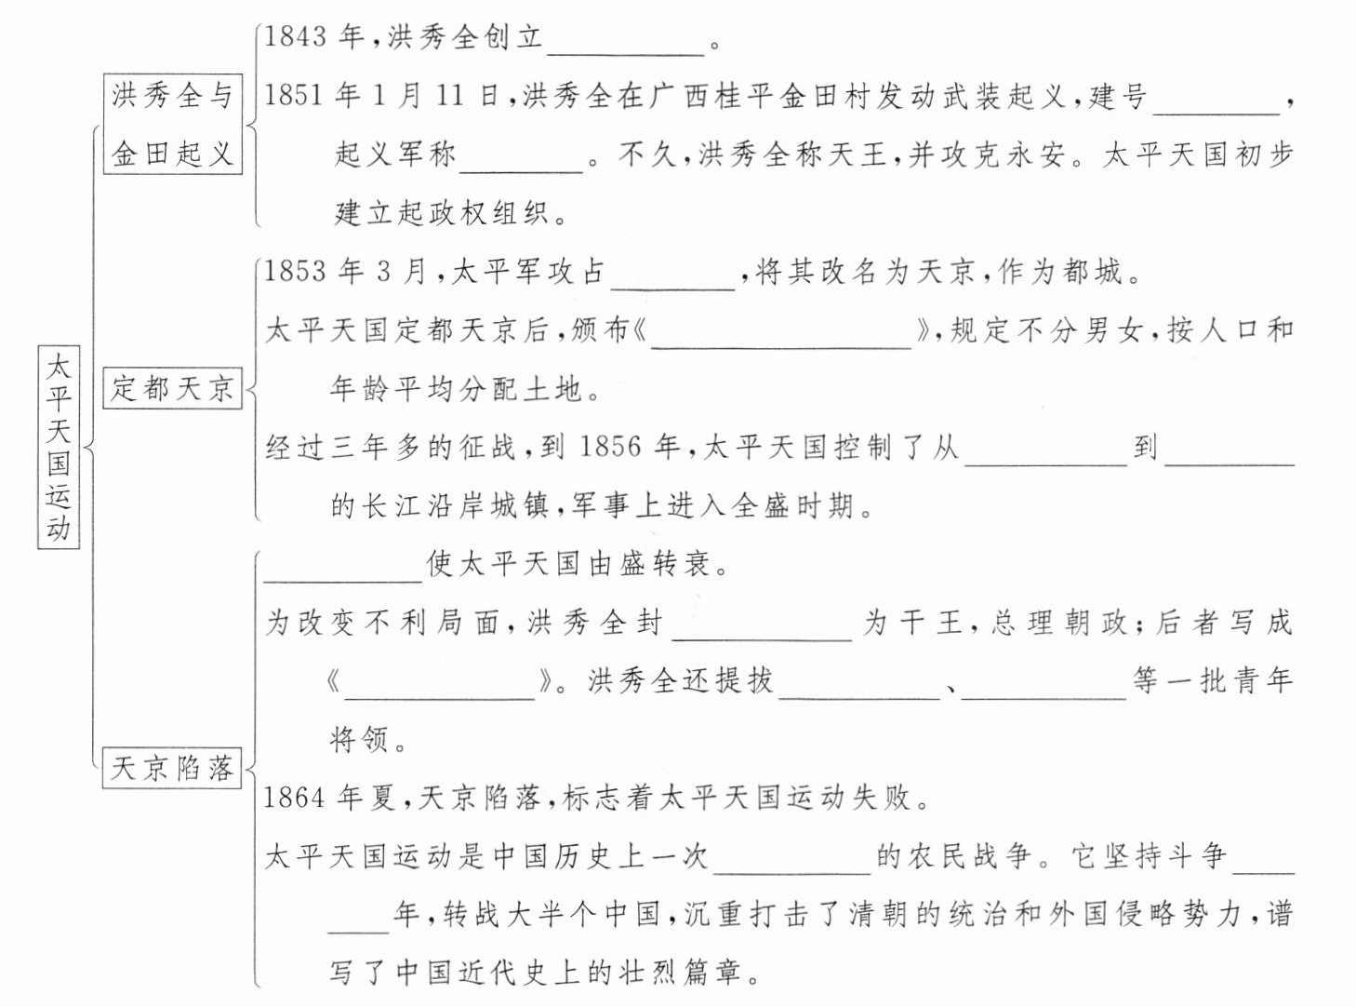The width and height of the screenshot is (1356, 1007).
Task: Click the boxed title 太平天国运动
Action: click(x=59, y=447)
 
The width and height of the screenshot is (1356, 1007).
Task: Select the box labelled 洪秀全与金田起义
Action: click(x=172, y=125)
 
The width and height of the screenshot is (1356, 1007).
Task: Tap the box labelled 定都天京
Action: click(x=172, y=387)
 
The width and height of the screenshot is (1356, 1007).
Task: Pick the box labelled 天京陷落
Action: click(x=172, y=768)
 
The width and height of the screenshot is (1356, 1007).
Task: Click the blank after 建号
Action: click(x=1216, y=99)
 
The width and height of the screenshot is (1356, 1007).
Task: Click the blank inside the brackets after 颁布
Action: click(x=781, y=332)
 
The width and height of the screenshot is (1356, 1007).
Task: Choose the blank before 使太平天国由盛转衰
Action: click(x=343, y=566)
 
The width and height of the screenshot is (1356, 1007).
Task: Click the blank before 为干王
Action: click(x=762, y=624)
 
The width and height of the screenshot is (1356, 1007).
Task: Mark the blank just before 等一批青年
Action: click(x=1043, y=683)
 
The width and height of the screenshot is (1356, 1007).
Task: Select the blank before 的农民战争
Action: click(x=791, y=857)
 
